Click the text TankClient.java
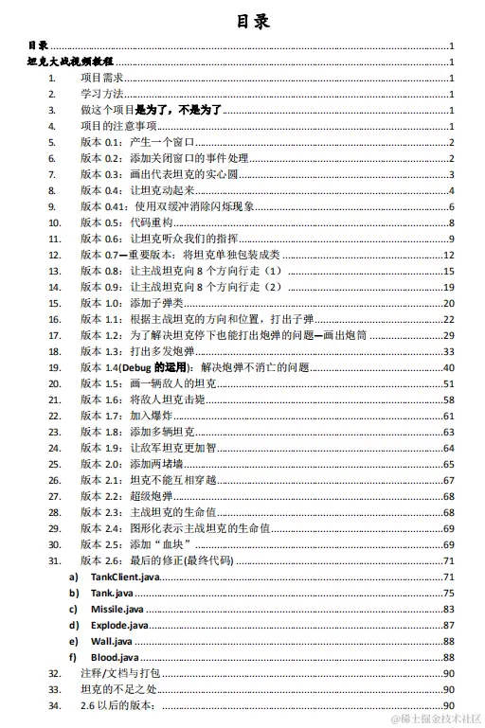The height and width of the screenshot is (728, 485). point(124,577)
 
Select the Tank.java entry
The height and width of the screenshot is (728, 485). point(111,593)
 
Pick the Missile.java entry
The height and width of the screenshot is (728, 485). point(117,609)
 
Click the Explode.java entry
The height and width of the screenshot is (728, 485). point(118,625)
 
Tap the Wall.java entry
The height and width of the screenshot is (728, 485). point(112,641)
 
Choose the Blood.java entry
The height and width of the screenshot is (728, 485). point(115,657)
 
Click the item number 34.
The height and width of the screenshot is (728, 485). point(54,705)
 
